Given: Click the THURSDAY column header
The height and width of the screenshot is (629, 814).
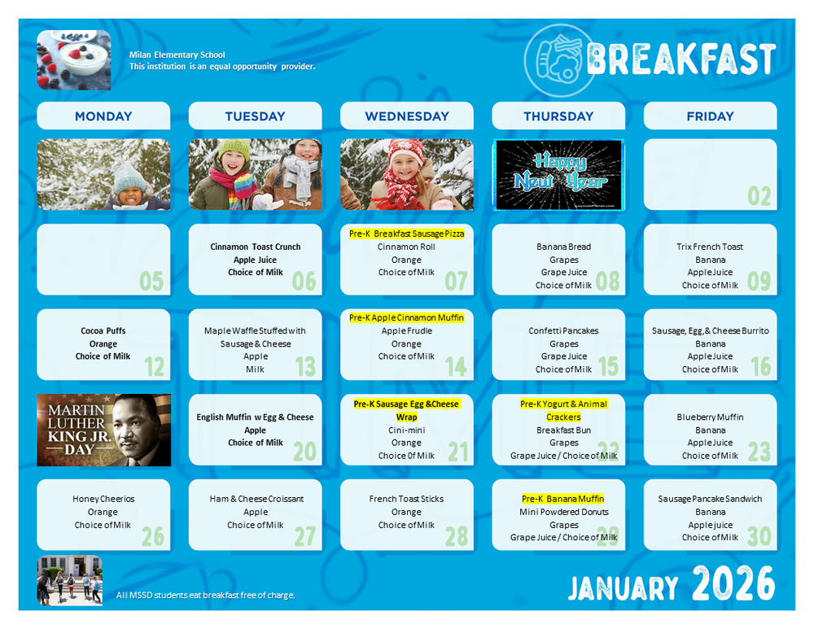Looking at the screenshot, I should (558, 116).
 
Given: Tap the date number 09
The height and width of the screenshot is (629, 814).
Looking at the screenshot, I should (759, 281).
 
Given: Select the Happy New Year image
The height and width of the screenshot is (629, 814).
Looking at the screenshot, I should (558, 175).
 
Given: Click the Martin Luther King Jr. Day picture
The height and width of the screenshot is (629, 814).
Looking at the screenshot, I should (104, 430).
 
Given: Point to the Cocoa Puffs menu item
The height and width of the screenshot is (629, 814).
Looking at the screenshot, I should (103, 331).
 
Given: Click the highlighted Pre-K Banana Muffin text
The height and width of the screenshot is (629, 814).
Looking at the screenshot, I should (563, 499).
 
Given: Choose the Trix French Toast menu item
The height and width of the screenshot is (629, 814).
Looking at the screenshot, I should (710, 247).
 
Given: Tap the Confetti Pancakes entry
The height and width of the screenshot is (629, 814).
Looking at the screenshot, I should (563, 331).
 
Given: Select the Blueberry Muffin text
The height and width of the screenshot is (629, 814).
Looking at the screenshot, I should (710, 417).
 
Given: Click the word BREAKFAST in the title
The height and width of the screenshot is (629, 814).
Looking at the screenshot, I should (681, 59).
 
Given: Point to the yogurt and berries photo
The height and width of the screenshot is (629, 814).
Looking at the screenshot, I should (74, 59).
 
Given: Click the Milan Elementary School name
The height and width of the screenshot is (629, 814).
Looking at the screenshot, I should (177, 55).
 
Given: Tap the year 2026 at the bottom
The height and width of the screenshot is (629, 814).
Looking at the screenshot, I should (733, 583).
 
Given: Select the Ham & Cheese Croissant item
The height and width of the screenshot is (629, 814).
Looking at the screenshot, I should (256, 499).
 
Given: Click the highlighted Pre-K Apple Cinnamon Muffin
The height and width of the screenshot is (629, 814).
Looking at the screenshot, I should (406, 318).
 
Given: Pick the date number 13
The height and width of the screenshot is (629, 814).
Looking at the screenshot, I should (304, 366).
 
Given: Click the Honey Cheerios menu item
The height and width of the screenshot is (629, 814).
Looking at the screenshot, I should (103, 499).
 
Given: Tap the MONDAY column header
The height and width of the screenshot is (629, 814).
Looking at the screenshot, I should (103, 116).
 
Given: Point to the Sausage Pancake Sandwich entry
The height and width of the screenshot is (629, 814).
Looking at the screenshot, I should (710, 499).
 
